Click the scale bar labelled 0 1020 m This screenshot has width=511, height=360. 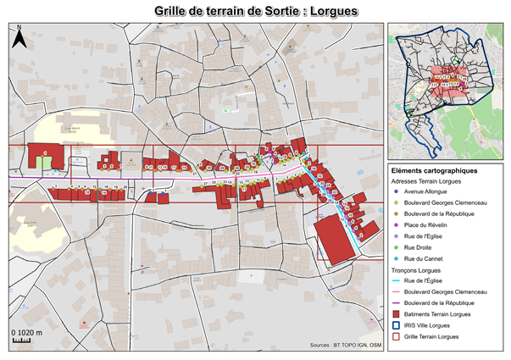coord(23,341)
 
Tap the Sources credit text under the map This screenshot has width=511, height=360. coord(347,346)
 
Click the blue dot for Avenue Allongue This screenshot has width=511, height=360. coord(397,192)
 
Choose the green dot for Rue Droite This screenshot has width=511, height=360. coord(397,247)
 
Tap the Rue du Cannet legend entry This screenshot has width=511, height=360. coord(429,258)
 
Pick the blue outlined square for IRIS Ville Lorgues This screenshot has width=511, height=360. coord(397,325)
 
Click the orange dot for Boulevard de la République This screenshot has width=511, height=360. coord(397,214)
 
